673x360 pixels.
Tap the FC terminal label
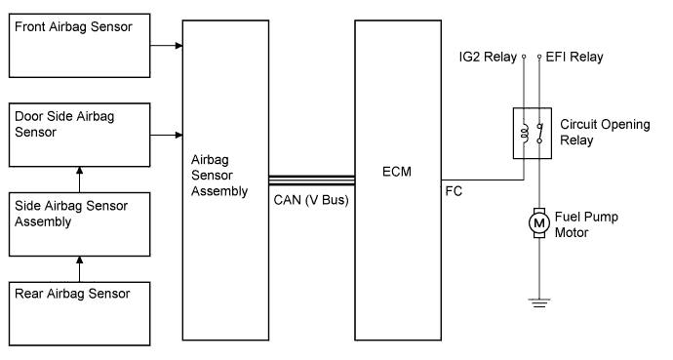(454, 191)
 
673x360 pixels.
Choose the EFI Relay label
(575, 57)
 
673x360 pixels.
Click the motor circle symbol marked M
(537, 224)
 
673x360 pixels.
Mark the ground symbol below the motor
(537, 302)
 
